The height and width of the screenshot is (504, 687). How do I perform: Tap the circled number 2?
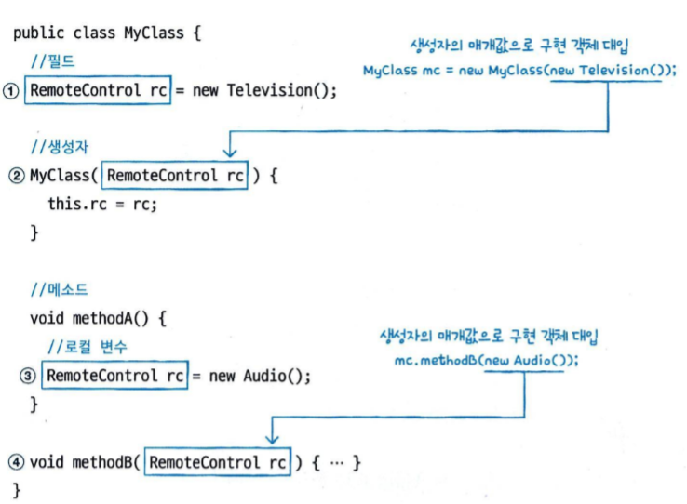click(17, 176)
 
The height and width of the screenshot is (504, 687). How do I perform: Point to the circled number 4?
click(17, 462)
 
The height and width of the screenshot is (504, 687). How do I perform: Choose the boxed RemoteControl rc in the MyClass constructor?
click(175, 176)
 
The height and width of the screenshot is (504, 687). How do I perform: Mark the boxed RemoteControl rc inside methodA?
click(114, 376)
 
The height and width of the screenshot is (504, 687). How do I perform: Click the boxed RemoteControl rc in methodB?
click(218, 462)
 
